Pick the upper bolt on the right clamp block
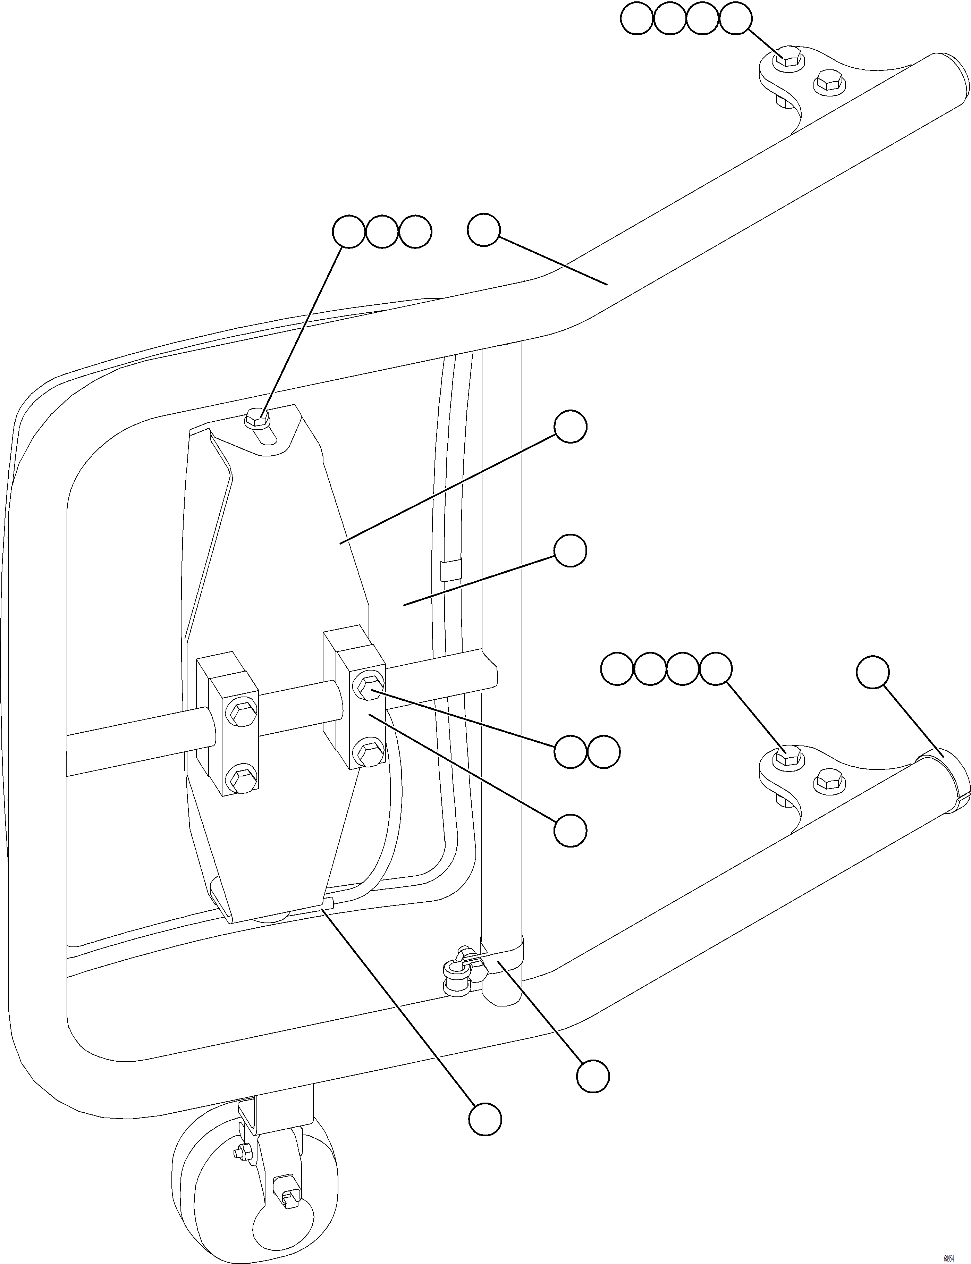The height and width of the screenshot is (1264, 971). tap(368, 688)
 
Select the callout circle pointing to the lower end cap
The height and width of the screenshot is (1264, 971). tap(872, 672)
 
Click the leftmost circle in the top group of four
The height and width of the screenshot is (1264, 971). tap(636, 20)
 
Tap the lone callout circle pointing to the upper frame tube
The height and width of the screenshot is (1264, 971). tap(483, 230)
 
